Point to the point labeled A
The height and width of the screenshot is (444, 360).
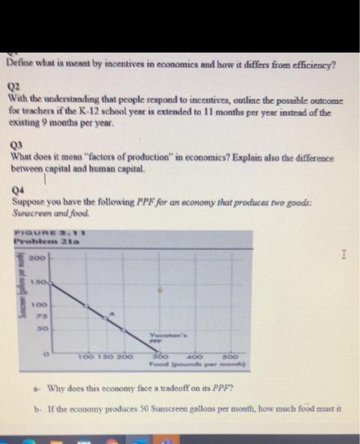pyautogui.click(x=112, y=313)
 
